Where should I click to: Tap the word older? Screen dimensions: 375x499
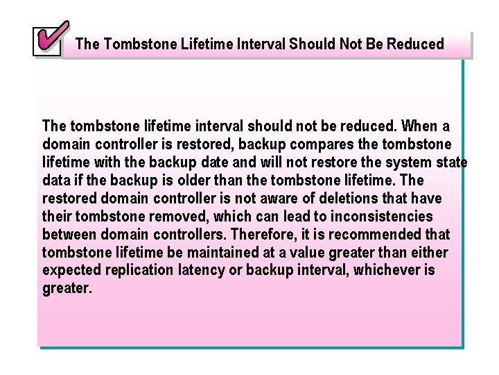tap(216, 180)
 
